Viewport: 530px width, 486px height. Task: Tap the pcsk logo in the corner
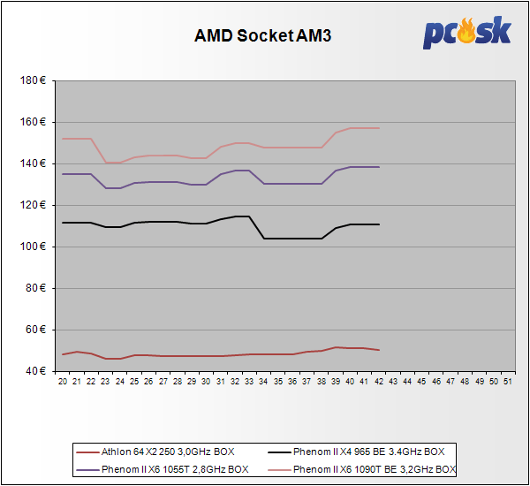tap(467, 33)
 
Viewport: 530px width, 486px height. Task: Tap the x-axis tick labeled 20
tap(63, 381)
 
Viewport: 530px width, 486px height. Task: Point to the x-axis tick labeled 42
tap(377, 381)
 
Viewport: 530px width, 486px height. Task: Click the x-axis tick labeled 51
tap(506, 381)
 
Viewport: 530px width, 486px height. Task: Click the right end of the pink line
tap(378, 128)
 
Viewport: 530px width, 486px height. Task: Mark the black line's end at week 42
tap(378, 224)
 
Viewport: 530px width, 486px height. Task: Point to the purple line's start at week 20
tap(63, 174)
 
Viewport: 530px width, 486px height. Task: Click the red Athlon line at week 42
tap(378, 350)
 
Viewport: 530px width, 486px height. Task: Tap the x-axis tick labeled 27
tap(163, 381)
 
